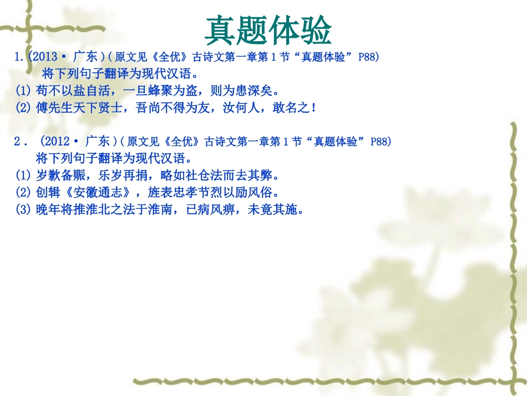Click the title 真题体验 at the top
(x=268, y=30)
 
